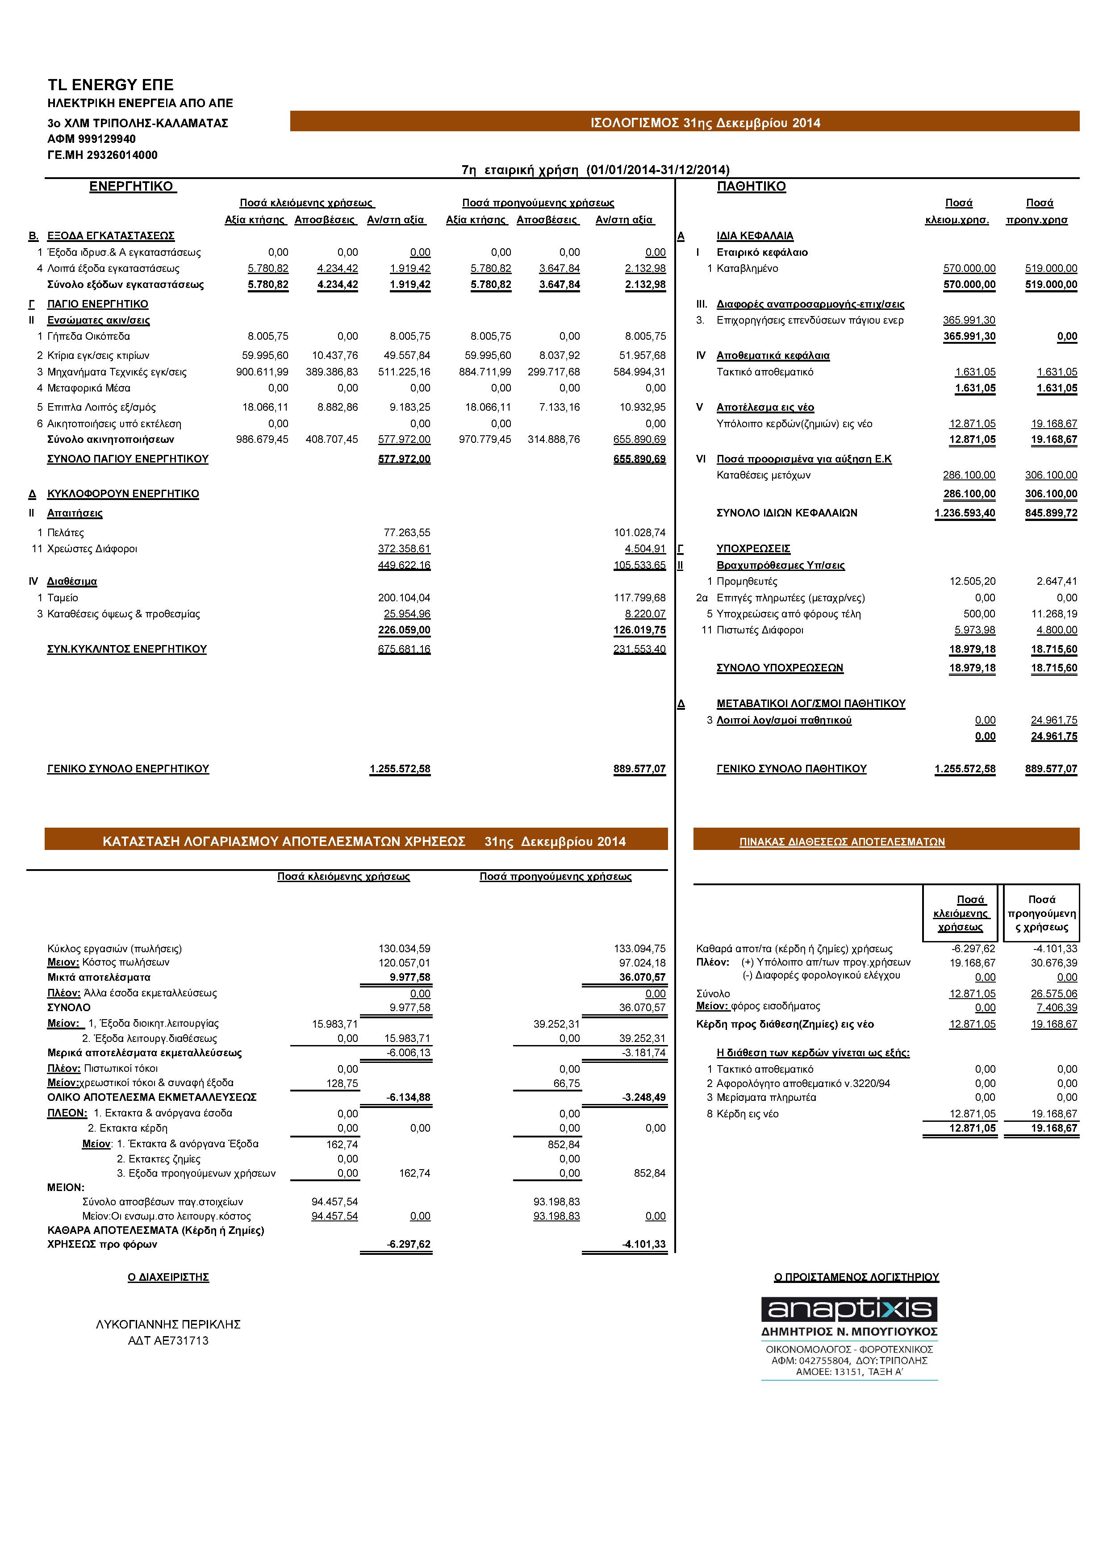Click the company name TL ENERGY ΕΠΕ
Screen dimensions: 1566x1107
pyautogui.click(x=110, y=84)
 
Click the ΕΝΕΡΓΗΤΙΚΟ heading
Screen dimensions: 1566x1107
pyautogui.click(x=132, y=186)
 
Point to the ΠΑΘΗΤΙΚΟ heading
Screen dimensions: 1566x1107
pyautogui.click(x=751, y=186)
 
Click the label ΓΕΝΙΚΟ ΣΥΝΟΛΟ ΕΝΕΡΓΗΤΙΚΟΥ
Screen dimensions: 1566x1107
pyautogui.click(x=128, y=769)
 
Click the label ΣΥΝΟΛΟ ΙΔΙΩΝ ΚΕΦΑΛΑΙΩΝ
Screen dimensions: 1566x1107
pyautogui.click(x=786, y=513)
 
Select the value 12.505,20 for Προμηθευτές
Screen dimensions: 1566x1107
pyautogui.click(x=972, y=582)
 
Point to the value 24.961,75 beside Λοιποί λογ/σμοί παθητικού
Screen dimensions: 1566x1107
pyautogui.click(x=1054, y=720)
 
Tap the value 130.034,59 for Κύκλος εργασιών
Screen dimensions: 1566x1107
pyautogui.click(x=405, y=949)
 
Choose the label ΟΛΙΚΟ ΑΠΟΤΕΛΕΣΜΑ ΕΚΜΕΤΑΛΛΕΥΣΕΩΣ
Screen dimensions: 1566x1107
pyautogui.click(x=151, y=1097)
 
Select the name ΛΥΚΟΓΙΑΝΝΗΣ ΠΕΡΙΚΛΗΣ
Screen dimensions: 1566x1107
pyautogui.click(x=168, y=1324)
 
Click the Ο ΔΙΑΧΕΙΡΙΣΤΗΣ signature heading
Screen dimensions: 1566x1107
pyautogui.click(x=168, y=1277)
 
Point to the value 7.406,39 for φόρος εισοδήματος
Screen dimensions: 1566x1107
pyautogui.click(x=1054, y=1008)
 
